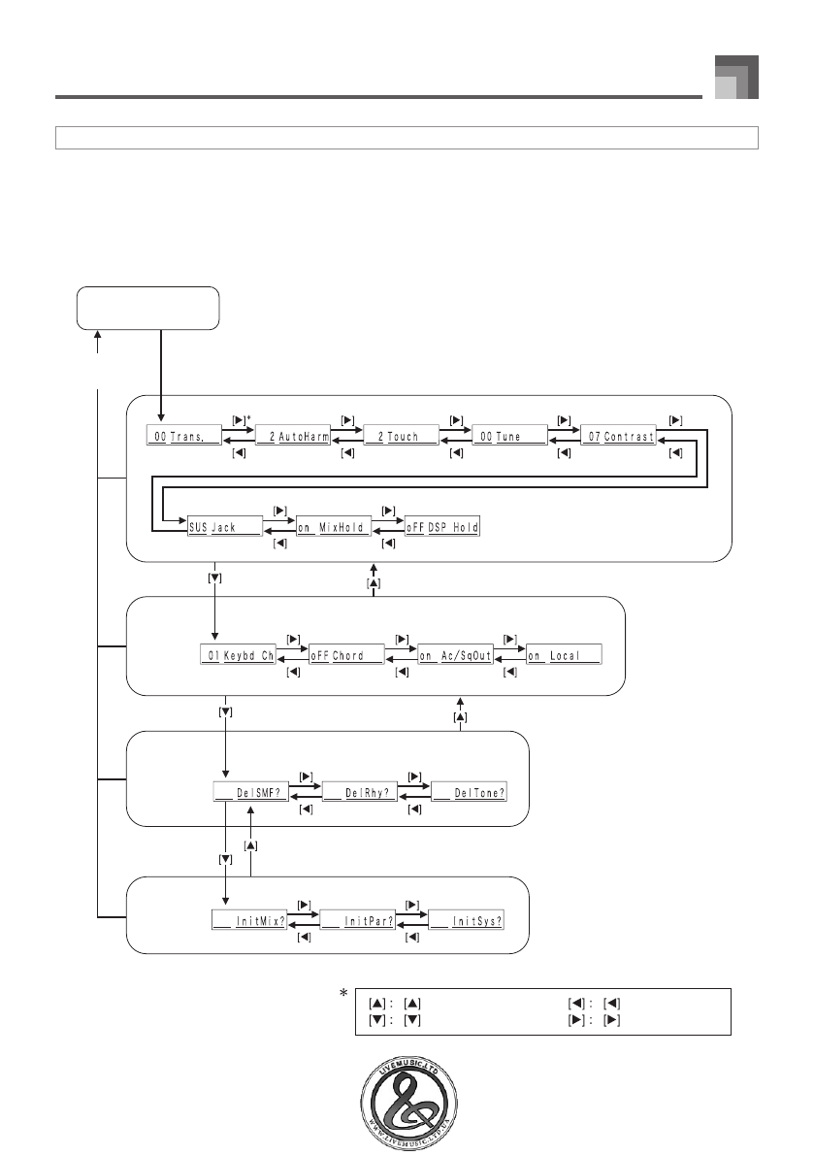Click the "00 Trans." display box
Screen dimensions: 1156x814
(184, 437)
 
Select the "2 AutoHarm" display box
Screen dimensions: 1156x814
(294, 437)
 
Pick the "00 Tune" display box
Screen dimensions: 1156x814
(509, 437)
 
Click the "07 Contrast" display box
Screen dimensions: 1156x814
(618, 437)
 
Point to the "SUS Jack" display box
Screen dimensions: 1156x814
(225, 527)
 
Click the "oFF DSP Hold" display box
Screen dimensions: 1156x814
(442, 527)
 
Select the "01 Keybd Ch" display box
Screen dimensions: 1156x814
(238, 655)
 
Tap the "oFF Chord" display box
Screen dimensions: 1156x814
(346, 655)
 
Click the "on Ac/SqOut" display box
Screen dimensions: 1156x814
(455, 655)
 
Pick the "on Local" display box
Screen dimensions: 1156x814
(564, 655)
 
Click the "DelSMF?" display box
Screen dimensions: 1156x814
(249, 793)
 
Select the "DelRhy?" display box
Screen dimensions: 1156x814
(359, 793)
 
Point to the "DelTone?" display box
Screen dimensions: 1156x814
(468, 793)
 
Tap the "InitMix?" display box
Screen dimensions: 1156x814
(249, 920)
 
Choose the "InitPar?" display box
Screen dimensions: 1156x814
(357, 920)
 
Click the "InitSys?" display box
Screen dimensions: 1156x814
(467, 920)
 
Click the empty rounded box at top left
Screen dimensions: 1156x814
(148, 309)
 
